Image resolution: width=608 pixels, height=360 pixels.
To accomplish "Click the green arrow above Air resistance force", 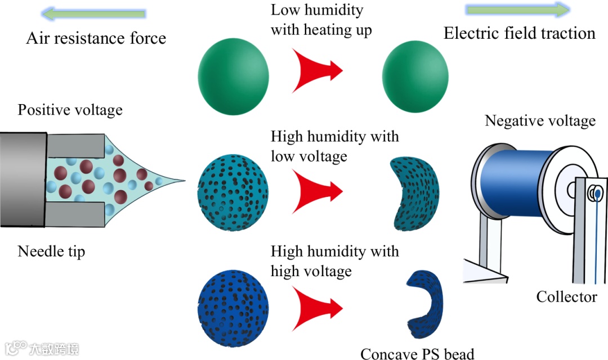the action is tap(94, 13).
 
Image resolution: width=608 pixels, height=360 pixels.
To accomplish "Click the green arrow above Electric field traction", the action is tap(518, 10).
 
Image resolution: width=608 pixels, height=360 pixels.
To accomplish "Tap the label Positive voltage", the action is tap(70, 110).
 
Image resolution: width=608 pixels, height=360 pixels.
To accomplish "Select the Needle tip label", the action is tap(52, 251).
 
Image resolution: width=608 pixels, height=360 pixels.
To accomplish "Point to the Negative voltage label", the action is tap(540, 121).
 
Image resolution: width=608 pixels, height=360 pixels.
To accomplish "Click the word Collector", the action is tap(566, 296).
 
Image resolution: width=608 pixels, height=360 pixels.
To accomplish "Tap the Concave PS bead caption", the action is tap(417, 353).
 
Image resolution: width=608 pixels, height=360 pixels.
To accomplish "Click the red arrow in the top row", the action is tap(316, 70).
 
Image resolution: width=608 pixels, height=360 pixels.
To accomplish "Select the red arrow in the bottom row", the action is tap(316, 307).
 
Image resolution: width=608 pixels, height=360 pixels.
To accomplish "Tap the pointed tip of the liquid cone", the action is tap(183, 181).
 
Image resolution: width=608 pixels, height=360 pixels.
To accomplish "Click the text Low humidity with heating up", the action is tap(321, 20).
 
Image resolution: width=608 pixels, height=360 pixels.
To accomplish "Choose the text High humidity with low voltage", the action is tap(334, 146).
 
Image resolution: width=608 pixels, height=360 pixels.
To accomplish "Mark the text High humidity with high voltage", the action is tap(334, 261).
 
